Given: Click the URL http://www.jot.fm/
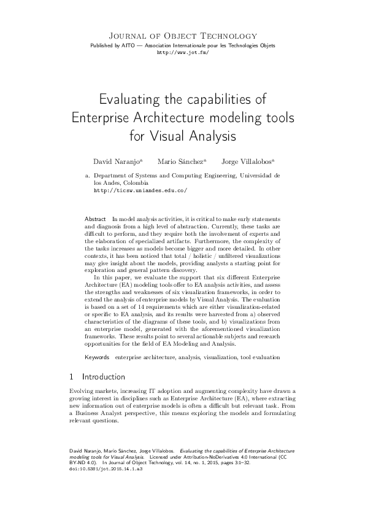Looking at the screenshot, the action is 182,53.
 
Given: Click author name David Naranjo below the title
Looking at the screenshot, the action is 117,161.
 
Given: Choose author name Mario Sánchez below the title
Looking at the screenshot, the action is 180,161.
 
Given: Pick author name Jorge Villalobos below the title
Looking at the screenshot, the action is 247,161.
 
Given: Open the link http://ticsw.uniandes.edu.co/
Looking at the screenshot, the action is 140,190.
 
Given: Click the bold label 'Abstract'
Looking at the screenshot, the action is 95,219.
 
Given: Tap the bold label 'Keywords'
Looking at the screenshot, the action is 97,357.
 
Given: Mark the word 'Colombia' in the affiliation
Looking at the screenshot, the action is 135,183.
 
